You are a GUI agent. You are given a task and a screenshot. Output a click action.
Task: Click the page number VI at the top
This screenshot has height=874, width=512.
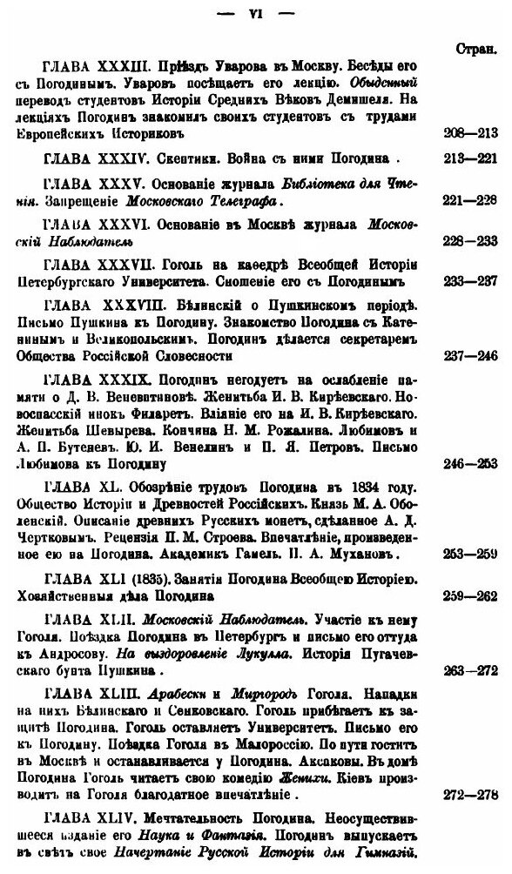(x=255, y=15)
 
